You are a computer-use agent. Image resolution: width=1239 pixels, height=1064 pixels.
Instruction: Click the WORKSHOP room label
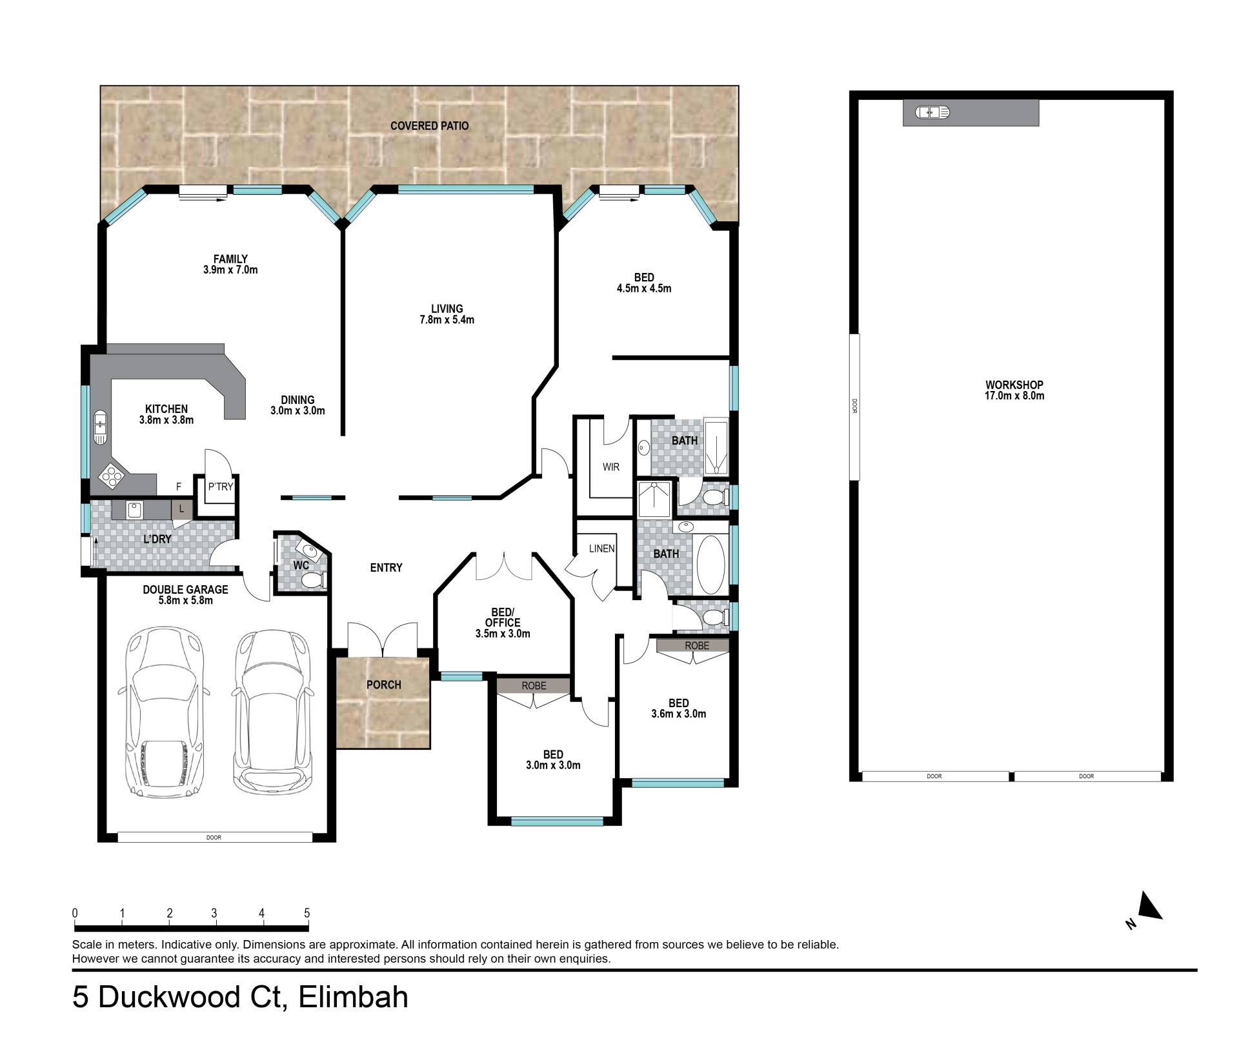[x=1014, y=385]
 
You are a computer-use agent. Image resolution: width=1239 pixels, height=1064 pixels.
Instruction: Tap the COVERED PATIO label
[x=430, y=126]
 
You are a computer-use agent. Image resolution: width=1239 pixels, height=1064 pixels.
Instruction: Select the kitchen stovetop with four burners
[x=111, y=476]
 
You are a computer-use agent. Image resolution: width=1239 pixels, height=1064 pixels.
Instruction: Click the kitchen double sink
[x=101, y=427]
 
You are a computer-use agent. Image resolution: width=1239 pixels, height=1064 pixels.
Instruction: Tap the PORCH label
[x=384, y=685]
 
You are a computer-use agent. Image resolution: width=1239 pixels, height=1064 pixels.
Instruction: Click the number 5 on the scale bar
[x=307, y=913]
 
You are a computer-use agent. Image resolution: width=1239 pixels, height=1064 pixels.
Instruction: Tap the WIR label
[x=611, y=467]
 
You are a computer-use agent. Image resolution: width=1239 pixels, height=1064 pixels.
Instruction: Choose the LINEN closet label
[x=602, y=549]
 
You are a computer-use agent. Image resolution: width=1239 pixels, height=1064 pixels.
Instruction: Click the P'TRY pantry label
[x=220, y=487]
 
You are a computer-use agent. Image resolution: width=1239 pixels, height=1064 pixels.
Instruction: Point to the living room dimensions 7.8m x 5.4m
[x=447, y=320]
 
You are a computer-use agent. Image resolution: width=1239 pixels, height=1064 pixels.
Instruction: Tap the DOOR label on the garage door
[x=214, y=838]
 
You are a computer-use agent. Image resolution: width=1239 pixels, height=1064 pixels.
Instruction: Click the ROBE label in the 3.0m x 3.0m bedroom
[x=534, y=686]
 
